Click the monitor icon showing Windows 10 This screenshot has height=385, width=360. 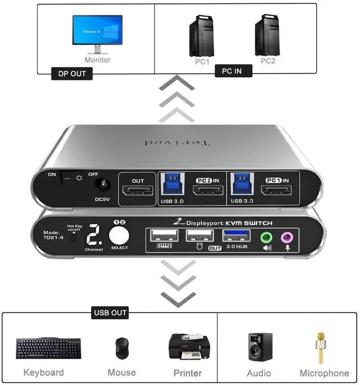pos(97,33)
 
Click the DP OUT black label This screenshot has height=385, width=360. pos(72,74)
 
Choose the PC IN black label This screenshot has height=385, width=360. pos(233,71)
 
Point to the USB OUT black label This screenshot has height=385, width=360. pos(110,312)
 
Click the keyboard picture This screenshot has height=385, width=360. pos(48,348)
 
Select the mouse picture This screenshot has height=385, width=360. pos(121,348)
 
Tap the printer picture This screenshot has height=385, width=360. pos(188,348)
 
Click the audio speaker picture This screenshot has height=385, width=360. pos(260,347)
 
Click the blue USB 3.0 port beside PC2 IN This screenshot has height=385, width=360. pos(172,184)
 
